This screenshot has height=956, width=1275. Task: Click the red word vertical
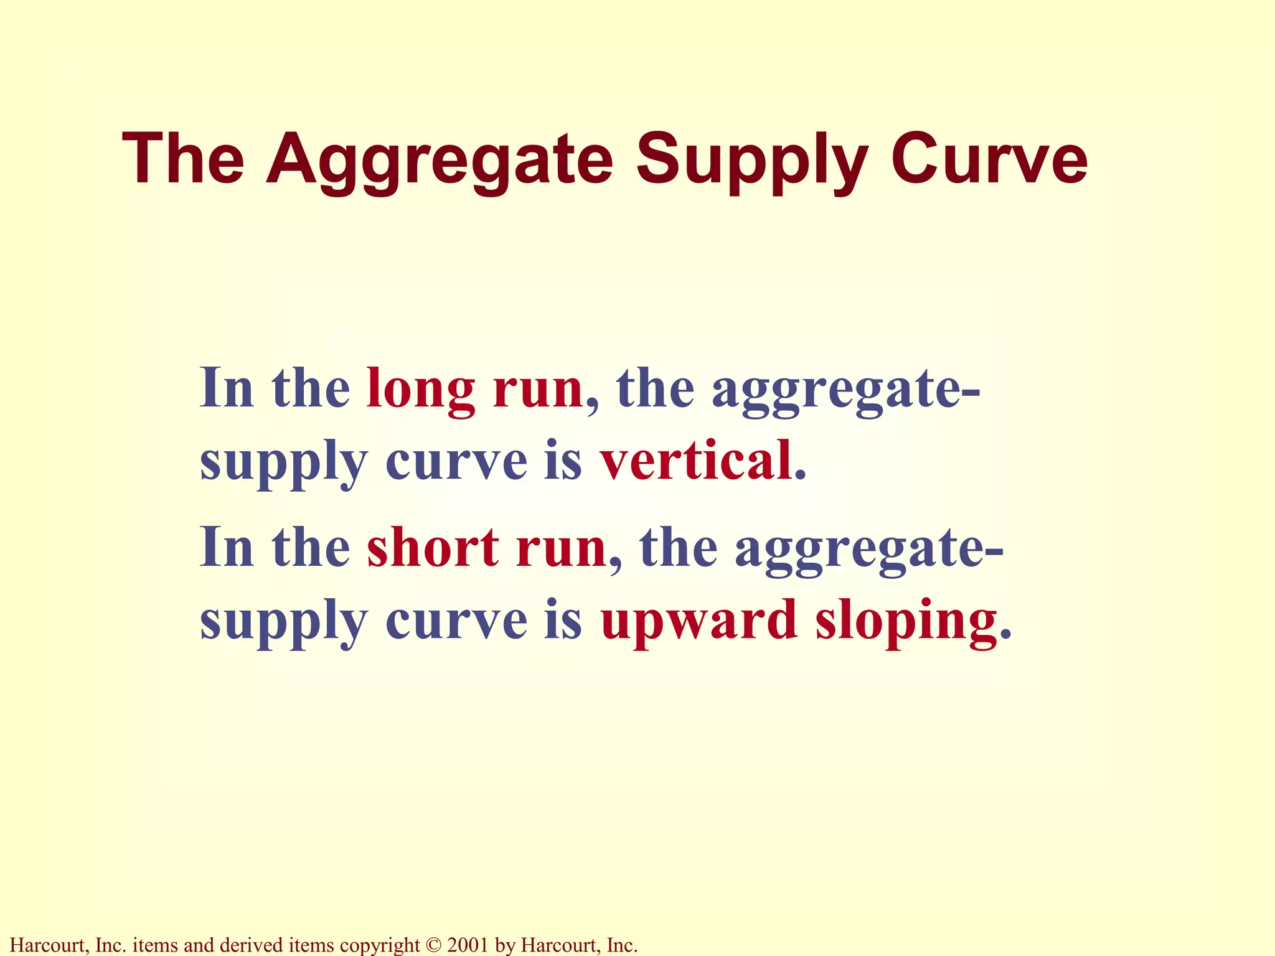coord(697,461)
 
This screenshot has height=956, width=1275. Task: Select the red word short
coord(433,548)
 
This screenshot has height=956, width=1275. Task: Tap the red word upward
coord(699,621)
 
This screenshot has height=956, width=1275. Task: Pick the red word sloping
coord(906,621)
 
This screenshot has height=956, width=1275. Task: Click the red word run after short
coord(561,548)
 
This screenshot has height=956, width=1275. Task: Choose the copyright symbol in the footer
coord(433,945)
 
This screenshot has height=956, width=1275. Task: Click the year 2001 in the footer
coord(468,945)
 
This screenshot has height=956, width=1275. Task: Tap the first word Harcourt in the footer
coord(50,945)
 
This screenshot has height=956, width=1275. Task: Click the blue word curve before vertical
coord(456,461)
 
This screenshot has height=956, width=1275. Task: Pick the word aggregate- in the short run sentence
coord(868,548)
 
